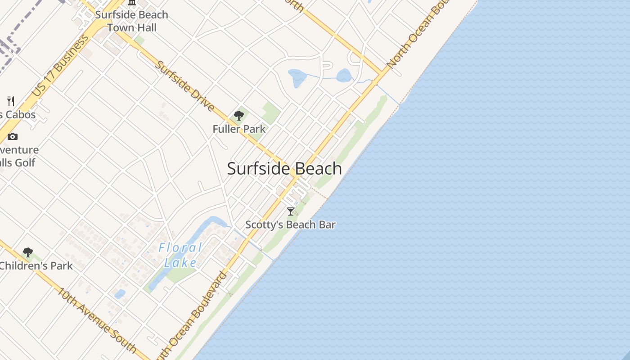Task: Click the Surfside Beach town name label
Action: tap(284, 169)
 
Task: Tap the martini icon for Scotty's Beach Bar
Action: tap(291, 211)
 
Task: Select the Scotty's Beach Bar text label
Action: tap(290, 225)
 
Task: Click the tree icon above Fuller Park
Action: tap(239, 116)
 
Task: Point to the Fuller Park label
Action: tap(239, 129)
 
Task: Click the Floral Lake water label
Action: tap(180, 255)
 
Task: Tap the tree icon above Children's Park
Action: tap(28, 252)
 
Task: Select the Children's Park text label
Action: tap(36, 266)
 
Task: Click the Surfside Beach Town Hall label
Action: tap(132, 21)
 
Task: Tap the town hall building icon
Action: tap(132, 2)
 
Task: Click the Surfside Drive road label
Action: tap(184, 85)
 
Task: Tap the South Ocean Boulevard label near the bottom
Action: tap(193, 315)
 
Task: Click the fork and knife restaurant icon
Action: tap(11, 101)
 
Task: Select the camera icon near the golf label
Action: tap(13, 137)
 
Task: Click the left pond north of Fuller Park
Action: tap(297, 77)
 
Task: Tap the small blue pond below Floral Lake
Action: tap(120, 294)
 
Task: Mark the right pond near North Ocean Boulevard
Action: tap(344, 75)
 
